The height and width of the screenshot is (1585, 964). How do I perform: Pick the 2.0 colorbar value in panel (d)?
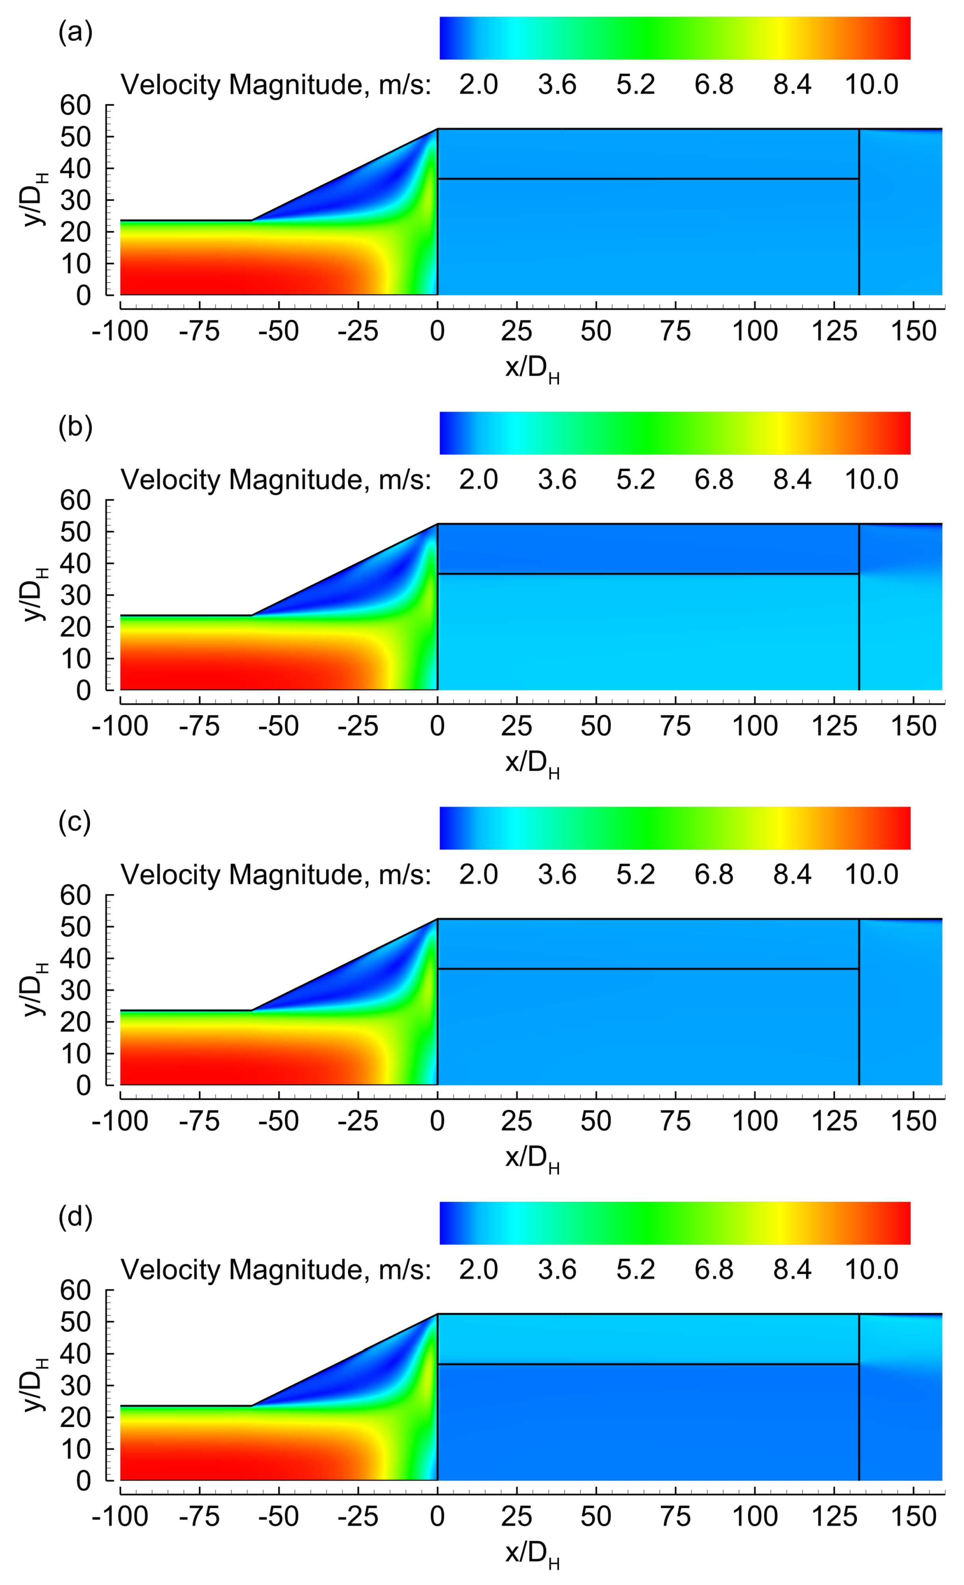[x=478, y=1270]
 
